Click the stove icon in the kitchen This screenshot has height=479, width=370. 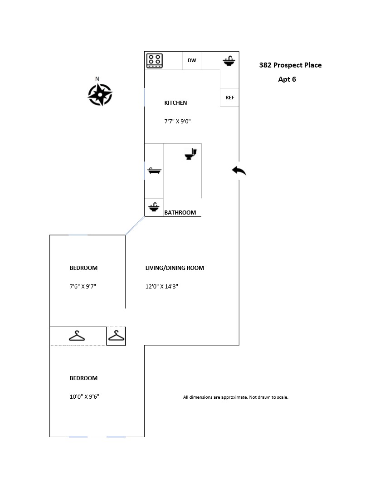[x=155, y=60]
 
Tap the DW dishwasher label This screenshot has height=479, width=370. [x=192, y=60]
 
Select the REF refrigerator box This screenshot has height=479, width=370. [x=229, y=98]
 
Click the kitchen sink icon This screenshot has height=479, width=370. [x=229, y=61]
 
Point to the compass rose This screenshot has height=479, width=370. [x=100, y=95]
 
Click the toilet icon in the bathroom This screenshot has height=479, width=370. [x=191, y=154]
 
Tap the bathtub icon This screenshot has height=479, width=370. [x=155, y=171]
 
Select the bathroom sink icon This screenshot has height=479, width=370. [x=154, y=207]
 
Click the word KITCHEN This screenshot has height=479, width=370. [x=175, y=103]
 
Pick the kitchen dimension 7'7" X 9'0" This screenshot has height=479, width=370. [x=177, y=122]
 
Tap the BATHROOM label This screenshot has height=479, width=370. [x=180, y=212]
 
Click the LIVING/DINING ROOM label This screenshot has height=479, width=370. [x=175, y=268]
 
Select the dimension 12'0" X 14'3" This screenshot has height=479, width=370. [x=162, y=287]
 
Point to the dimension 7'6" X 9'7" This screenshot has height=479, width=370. [x=83, y=287]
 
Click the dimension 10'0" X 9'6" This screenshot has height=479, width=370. [x=84, y=397]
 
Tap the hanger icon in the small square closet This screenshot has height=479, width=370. [x=117, y=336]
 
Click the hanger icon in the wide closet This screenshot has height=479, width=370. [x=77, y=336]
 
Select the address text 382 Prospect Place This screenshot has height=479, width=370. [x=290, y=65]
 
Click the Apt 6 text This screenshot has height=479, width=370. [x=287, y=79]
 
